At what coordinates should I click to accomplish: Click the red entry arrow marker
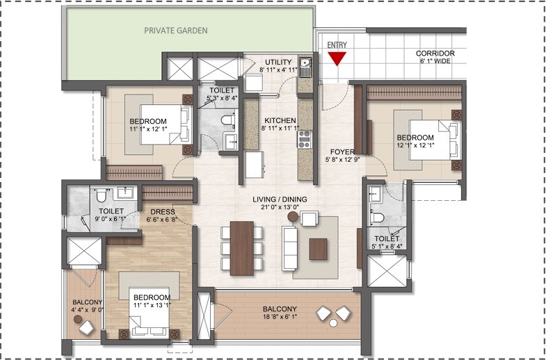(337, 58)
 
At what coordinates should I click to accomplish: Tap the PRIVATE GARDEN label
(175, 31)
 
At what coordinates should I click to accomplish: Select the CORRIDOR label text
(435, 54)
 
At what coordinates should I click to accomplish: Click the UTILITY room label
(278, 63)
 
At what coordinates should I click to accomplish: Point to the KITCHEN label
(278, 120)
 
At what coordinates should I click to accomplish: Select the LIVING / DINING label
(280, 199)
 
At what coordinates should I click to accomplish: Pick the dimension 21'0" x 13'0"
(280, 208)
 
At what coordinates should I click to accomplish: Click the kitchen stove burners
(304, 141)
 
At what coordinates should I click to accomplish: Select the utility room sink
(305, 68)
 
